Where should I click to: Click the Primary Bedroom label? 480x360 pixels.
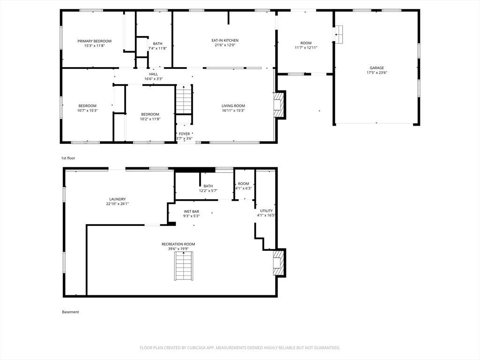click(94, 41)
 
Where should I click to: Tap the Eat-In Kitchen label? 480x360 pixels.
click(225, 40)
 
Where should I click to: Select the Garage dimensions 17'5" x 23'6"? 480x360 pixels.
click(377, 73)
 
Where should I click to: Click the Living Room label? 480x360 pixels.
click(233, 106)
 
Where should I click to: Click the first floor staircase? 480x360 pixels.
click(184, 100)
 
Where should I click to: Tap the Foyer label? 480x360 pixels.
click(184, 134)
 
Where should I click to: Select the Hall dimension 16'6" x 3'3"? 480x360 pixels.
click(154, 79)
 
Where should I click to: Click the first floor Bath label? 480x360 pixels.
click(157, 44)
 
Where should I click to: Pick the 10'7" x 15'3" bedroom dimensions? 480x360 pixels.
click(88, 111)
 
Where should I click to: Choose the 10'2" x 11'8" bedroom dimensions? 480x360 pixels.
click(150, 119)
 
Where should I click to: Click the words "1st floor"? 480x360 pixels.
click(68, 158)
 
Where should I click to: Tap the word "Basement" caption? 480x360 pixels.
click(70, 312)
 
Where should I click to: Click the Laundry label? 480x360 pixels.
click(118, 199)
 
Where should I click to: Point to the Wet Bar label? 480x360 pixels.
click(192, 211)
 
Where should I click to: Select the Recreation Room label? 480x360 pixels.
click(179, 244)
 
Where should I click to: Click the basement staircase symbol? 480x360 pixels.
click(184, 266)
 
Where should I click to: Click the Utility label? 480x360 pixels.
click(266, 211)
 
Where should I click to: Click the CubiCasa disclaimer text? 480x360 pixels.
click(240, 348)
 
